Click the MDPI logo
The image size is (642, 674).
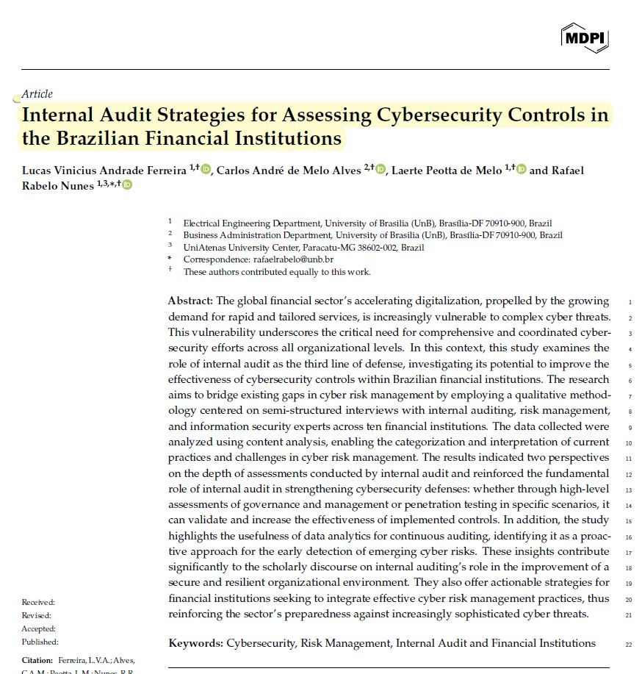(x=585, y=37)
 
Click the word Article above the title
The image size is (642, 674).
(x=37, y=94)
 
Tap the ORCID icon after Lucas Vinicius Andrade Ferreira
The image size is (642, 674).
(x=206, y=170)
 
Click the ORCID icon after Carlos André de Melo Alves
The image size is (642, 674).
(x=380, y=170)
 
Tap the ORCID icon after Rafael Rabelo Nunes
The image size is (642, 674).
(x=127, y=185)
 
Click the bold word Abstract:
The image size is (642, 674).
(x=191, y=301)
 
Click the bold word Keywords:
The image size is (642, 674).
(x=196, y=643)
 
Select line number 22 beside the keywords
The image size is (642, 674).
(x=628, y=645)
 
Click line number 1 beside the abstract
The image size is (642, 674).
(x=630, y=302)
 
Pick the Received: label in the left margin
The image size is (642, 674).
(x=38, y=603)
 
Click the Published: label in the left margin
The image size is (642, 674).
(x=40, y=642)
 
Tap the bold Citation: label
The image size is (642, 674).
(x=37, y=660)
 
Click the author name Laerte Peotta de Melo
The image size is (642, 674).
(x=447, y=171)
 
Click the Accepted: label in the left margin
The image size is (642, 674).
(x=38, y=629)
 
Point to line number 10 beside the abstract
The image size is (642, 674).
(x=628, y=443)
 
